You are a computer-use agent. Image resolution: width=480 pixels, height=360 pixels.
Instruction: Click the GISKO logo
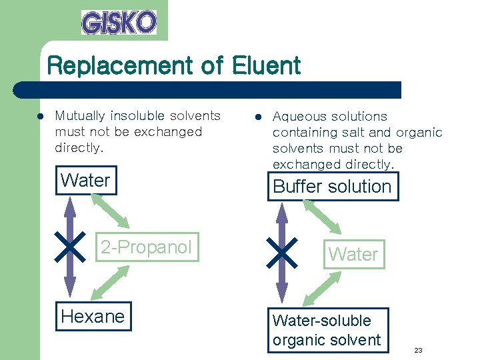pos(119,22)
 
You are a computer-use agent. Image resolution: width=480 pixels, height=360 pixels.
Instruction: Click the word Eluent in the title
pos(267,65)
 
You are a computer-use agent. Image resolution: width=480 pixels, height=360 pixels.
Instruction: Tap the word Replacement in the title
pos(127,65)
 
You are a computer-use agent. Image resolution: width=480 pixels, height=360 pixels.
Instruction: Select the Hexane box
pos(93,316)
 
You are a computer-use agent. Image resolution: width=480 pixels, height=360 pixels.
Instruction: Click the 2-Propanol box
pos(145,247)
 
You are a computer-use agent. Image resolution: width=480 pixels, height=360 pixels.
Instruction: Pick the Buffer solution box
pos(332,186)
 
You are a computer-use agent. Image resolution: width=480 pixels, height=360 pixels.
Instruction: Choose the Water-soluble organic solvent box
pos(327,330)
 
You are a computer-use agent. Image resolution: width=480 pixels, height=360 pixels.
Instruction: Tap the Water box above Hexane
pos(85,180)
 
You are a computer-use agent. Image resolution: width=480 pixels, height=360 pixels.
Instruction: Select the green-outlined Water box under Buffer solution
pos(353,254)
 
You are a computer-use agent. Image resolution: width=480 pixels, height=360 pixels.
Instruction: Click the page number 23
pos(418,350)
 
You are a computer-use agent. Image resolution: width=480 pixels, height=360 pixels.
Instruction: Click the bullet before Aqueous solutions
pos(258,117)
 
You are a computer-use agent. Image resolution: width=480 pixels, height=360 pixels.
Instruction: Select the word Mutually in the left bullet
pos(77,116)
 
